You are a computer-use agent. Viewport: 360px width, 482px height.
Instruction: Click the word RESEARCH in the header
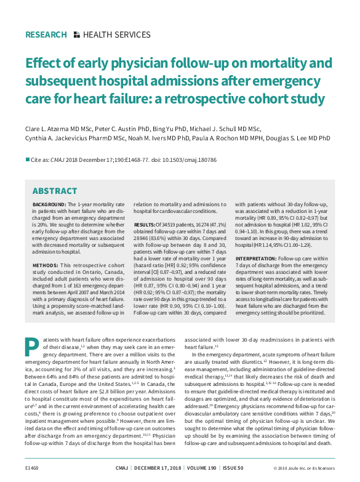(x=46, y=35)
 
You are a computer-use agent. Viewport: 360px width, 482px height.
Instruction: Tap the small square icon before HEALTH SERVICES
(x=76, y=35)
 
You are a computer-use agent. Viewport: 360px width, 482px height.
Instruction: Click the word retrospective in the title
(x=214, y=98)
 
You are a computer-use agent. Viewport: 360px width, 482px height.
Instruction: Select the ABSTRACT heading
(x=55, y=191)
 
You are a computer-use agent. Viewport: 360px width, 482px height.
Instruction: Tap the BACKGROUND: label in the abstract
(x=49, y=204)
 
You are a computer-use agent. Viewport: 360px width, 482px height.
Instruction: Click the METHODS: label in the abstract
(x=44, y=249)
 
